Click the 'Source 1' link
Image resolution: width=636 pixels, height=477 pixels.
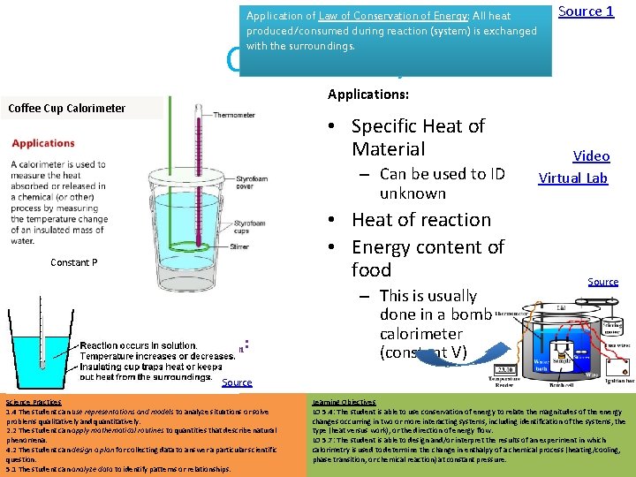[586, 11]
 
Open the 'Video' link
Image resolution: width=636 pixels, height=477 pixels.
[591, 156]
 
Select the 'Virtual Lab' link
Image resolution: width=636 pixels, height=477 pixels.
[573, 178]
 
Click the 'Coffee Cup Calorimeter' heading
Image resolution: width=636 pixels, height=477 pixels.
[67, 109]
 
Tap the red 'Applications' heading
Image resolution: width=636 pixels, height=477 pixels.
[43, 143]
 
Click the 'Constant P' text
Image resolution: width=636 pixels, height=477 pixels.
[74, 262]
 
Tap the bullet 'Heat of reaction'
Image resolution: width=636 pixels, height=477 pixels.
[420, 219]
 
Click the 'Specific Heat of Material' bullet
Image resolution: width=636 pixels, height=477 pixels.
[418, 137]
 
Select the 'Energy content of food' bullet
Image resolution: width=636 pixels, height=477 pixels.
[428, 258]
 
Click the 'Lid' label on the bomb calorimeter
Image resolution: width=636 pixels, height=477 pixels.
[561, 307]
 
